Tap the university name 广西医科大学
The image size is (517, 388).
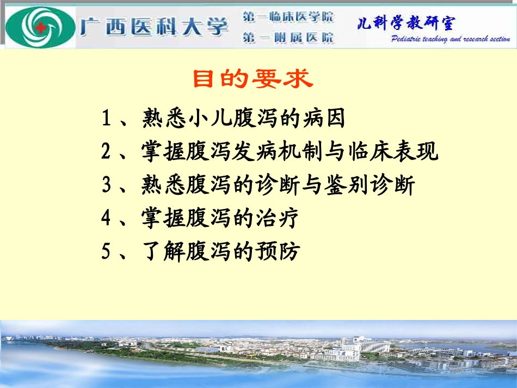(x=154, y=26)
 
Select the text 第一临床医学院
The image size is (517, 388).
(x=288, y=17)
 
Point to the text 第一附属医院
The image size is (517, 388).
(x=288, y=38)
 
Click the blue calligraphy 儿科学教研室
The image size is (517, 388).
(x=406, y=23)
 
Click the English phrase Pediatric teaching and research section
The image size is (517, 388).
(x=450, y=40)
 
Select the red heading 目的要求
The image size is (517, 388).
(x=253, y=79)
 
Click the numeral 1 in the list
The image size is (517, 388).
(x=107, y=119)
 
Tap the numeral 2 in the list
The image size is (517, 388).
(x=107, y=152)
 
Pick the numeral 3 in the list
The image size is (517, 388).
(x=107, y=186)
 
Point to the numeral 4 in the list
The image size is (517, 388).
(x=107, y=219)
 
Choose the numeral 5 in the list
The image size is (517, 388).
(x=107, y=252)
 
